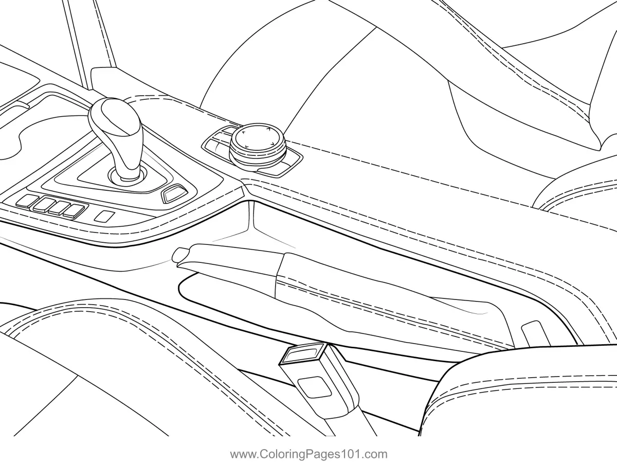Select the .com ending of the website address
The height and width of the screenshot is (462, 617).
[x=376, y=454]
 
